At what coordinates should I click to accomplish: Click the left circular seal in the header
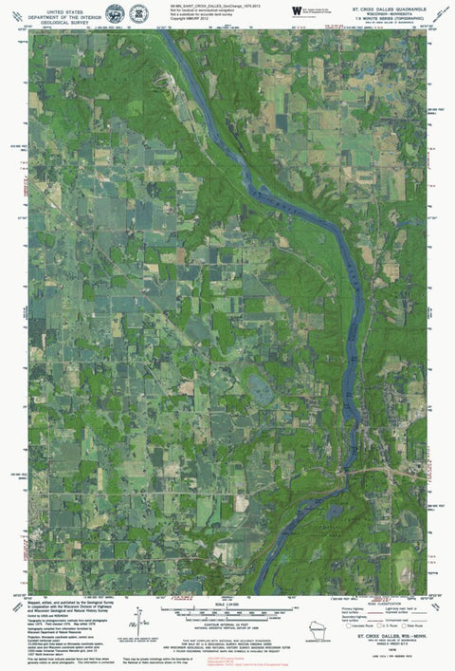[115, 13]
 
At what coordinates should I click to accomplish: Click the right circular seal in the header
[139, 13]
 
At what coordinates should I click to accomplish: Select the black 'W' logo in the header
[297, 9]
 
